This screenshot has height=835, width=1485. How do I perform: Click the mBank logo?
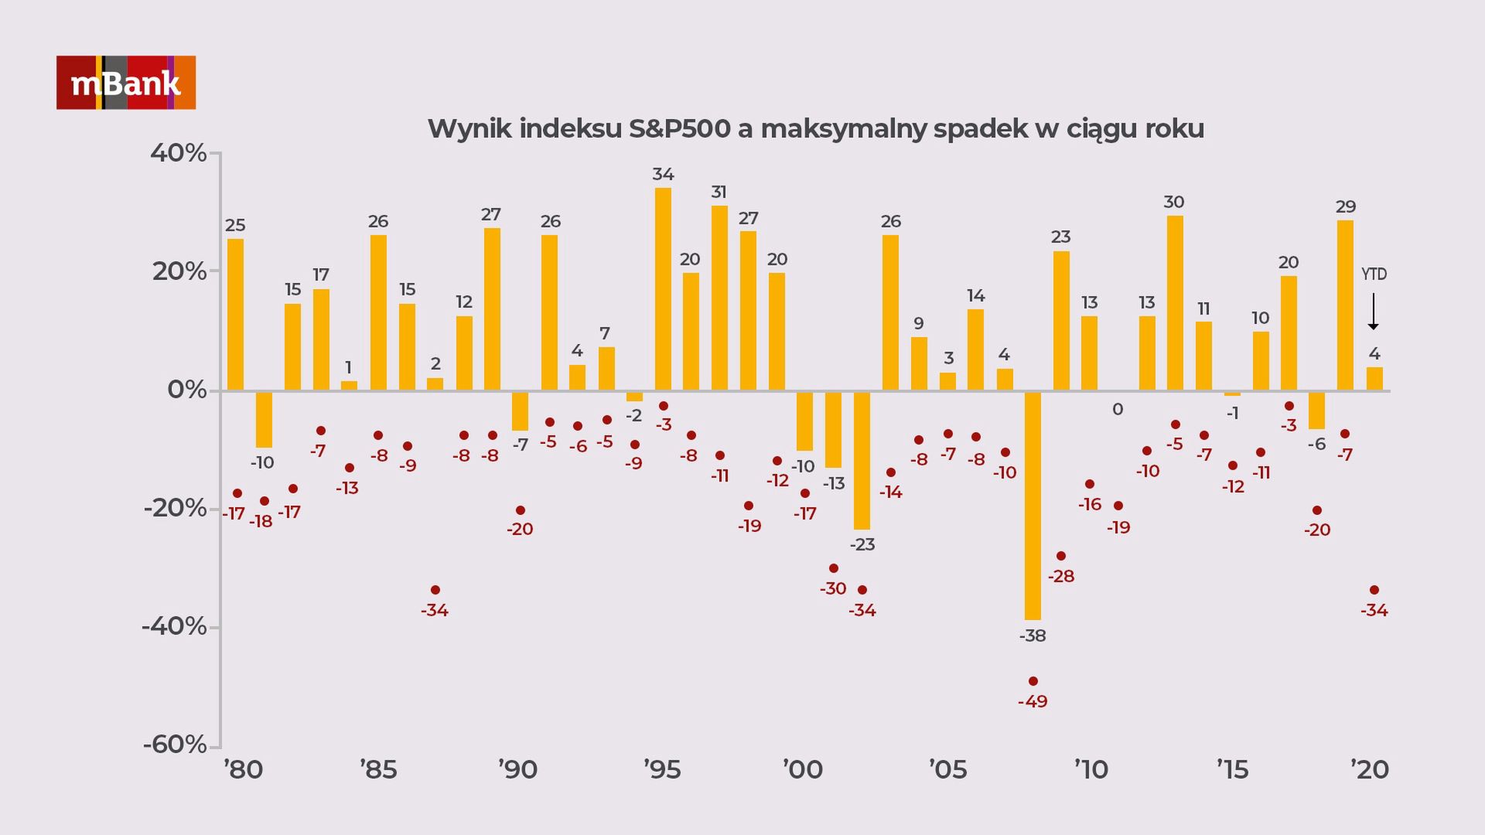126,83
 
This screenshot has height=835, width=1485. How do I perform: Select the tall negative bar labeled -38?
1033,506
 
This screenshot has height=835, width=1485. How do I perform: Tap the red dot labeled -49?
1033,681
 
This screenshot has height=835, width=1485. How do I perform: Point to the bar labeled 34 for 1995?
663,289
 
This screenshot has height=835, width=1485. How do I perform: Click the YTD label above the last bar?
1374,274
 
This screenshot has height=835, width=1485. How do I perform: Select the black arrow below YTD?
1374,311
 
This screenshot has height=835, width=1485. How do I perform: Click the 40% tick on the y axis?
179,153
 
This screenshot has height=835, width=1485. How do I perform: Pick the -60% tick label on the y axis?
176,745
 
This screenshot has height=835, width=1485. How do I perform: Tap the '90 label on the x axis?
517,770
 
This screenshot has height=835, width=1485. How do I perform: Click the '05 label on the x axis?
947,770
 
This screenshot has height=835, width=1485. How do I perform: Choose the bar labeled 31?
719,298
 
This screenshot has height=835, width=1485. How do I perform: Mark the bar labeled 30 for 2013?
1175,303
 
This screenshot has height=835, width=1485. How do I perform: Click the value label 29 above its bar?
1346,206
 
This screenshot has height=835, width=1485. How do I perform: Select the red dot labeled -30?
834,568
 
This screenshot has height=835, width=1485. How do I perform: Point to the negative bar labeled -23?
862,460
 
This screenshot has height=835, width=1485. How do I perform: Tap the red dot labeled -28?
1061,556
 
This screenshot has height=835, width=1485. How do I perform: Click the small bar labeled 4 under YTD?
1374,379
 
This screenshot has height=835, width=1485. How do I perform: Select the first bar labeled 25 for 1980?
235,315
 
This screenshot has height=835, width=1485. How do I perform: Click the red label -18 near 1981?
261,522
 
